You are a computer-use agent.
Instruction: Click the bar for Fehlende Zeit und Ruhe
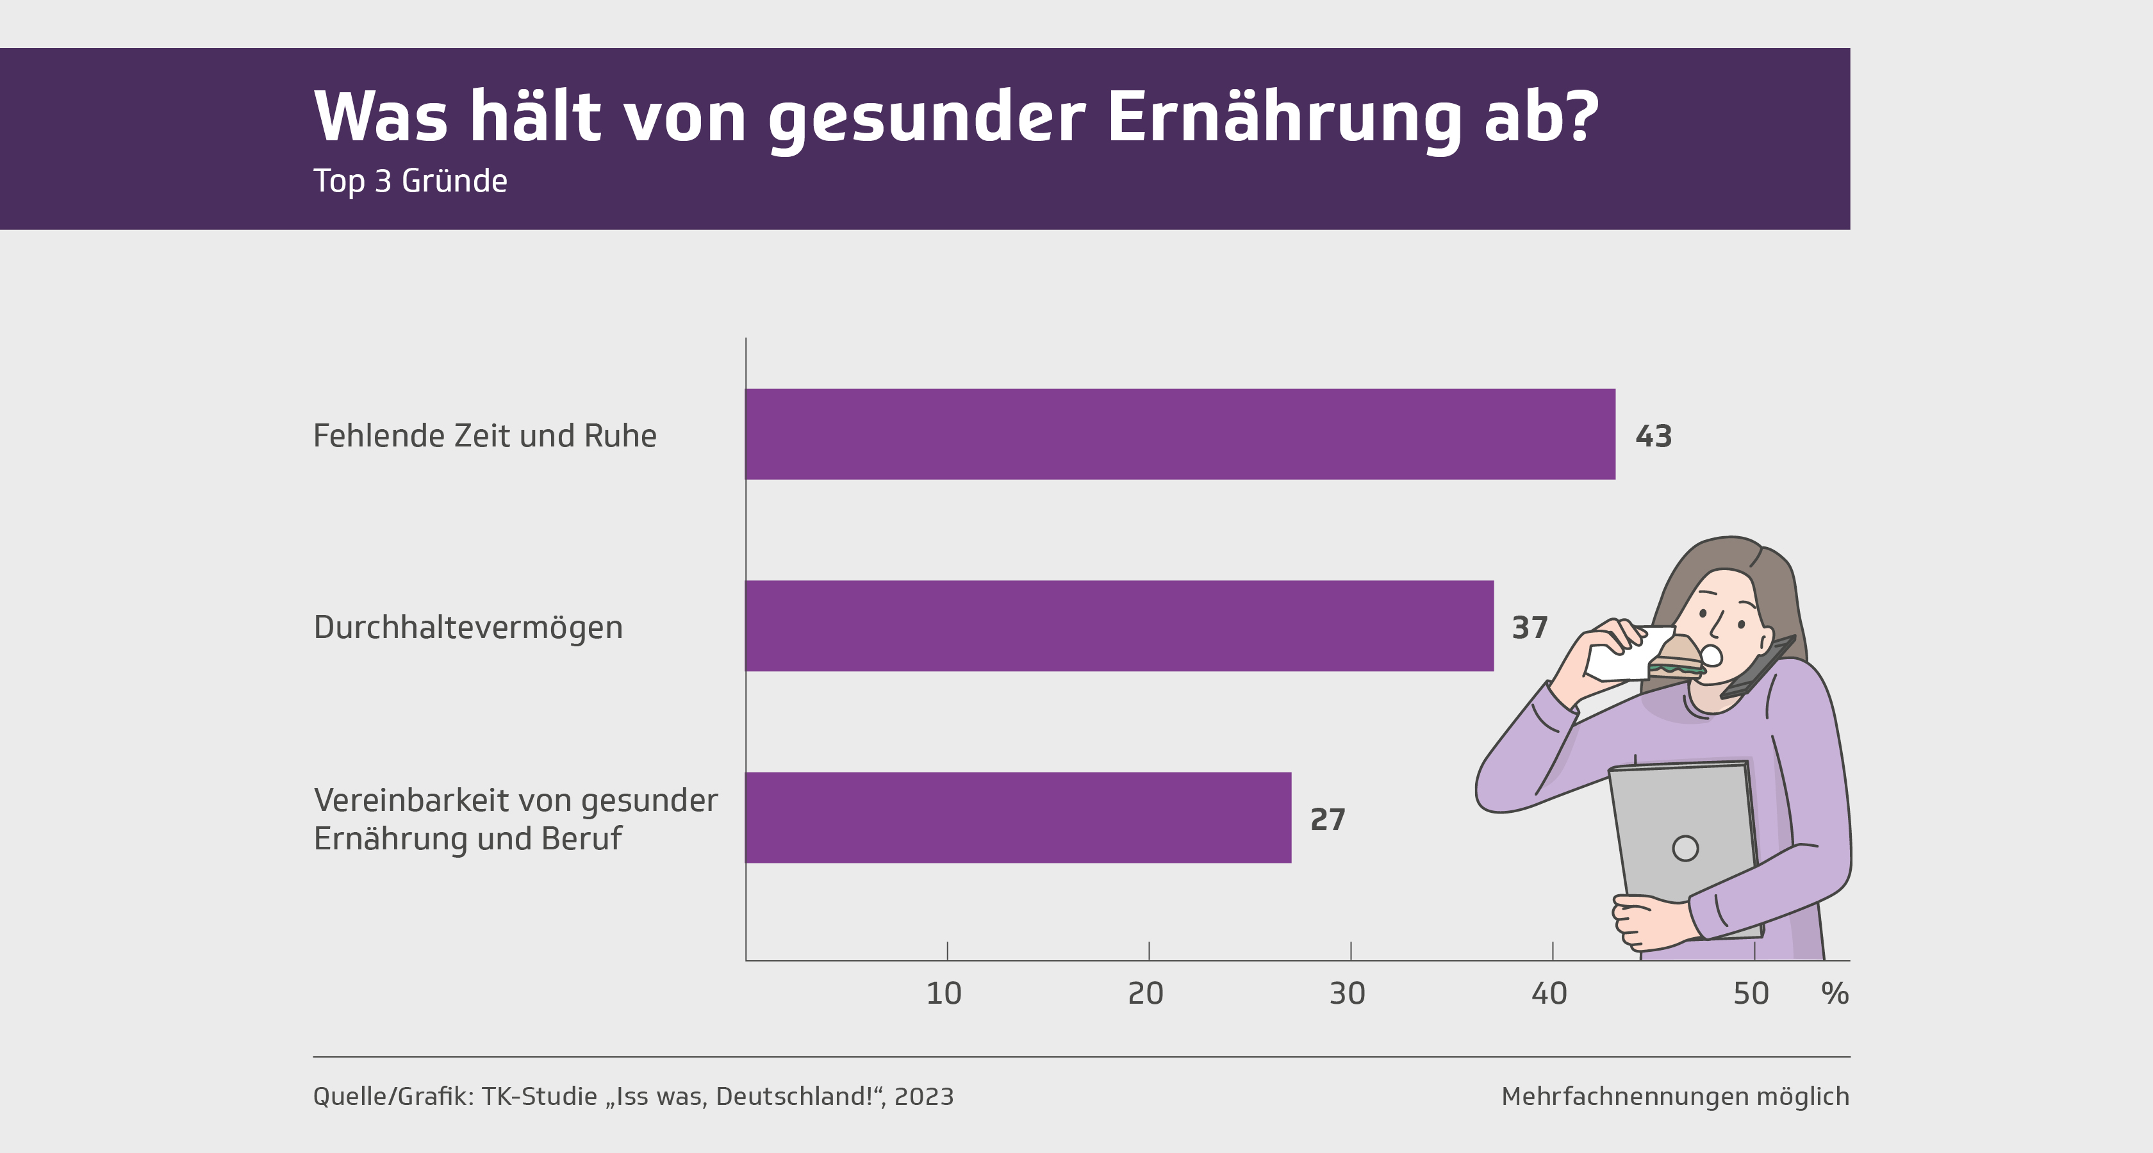pos(1179,434)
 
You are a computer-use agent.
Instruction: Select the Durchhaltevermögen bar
pos(1119,626)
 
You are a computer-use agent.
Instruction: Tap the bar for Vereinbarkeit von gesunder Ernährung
pos(1018,817)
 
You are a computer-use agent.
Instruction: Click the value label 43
pos(1653,436)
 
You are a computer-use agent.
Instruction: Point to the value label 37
pos(1530,628)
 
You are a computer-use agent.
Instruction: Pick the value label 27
pos(1327,820)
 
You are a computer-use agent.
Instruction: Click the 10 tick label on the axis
pos(945,994)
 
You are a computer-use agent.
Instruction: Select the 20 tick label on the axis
pos(1146,994)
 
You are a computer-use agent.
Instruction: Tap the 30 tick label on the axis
pos(1348,994)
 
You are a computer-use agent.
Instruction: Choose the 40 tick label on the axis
pos(1549,994)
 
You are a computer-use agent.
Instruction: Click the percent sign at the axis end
pos(1835,994)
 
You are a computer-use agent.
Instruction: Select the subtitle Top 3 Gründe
pos(410,181)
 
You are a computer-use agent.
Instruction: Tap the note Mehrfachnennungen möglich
pos(1675,1096)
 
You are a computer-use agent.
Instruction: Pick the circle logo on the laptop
pos(1685,848)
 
